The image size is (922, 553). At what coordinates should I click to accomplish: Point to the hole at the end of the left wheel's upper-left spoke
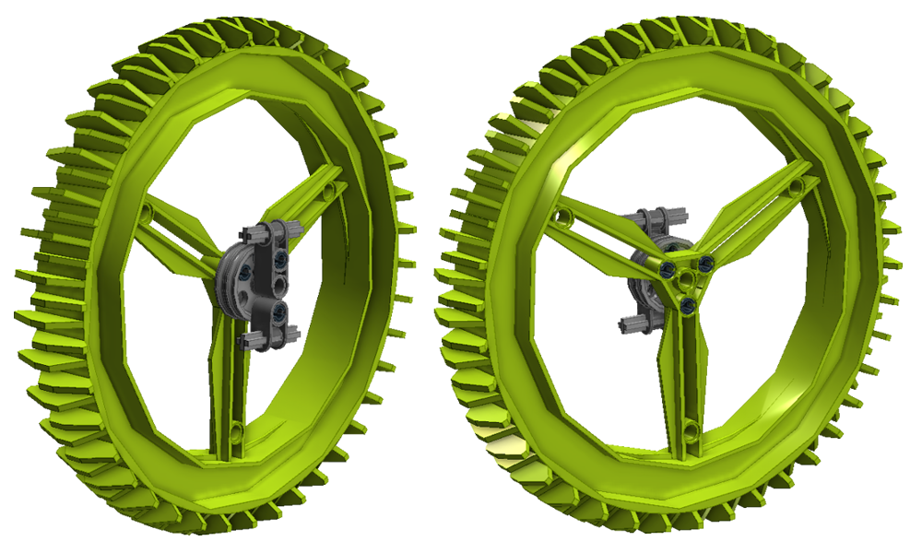[147, 221]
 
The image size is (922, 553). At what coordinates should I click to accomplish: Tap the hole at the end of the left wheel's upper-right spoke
[329, 191]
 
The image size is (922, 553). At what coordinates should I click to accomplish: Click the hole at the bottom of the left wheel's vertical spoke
[236, 429]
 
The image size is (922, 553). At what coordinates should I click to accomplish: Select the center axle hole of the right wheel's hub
[687, 279]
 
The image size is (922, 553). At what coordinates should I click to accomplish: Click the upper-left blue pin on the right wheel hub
[666, 269]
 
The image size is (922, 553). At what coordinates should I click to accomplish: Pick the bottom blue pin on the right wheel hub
[689, 303]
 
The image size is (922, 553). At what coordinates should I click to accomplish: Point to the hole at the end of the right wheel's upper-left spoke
[560, 216]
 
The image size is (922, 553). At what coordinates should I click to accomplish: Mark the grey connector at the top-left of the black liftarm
[254, 233]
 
